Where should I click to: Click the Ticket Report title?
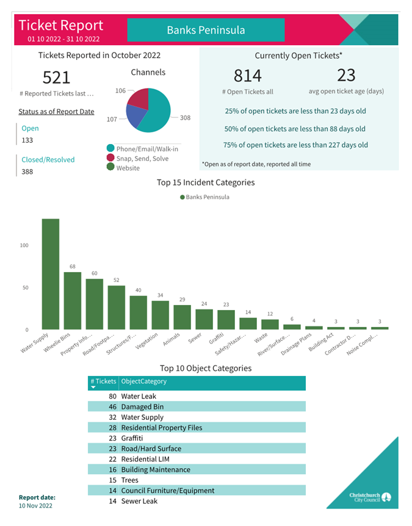[61, 26]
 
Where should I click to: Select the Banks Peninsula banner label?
[206, 30]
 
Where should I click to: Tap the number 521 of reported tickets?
[56, 77]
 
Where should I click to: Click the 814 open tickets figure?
[248, 76]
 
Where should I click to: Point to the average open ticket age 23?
[346, 75]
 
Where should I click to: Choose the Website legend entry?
[128, 168]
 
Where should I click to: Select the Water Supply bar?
[50, 275]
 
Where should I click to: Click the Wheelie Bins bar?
[73, 301]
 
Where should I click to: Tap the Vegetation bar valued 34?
[161, 315]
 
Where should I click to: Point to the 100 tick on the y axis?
[24, 245]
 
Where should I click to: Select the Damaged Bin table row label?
[142, 406]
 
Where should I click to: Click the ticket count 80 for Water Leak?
[112, 396]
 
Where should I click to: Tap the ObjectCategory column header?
[144, 381]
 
